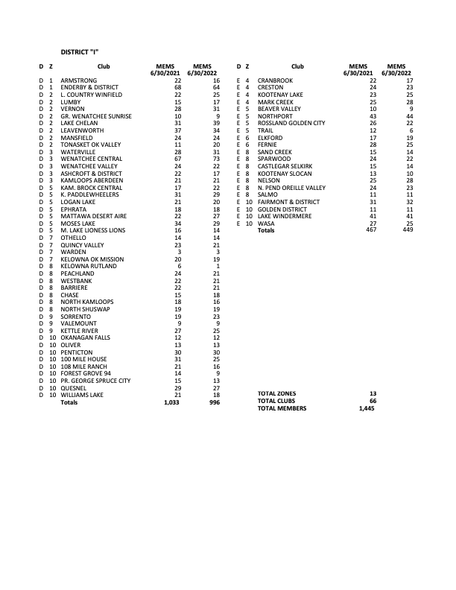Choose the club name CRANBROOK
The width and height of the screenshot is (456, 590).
coord(275,80)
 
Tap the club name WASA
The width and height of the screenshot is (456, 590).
coord(265,223)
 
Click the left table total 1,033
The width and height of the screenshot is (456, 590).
coord(172,402)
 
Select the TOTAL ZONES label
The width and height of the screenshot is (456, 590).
coord(276,393)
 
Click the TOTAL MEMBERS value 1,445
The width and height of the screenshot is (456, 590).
coord(366,408)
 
